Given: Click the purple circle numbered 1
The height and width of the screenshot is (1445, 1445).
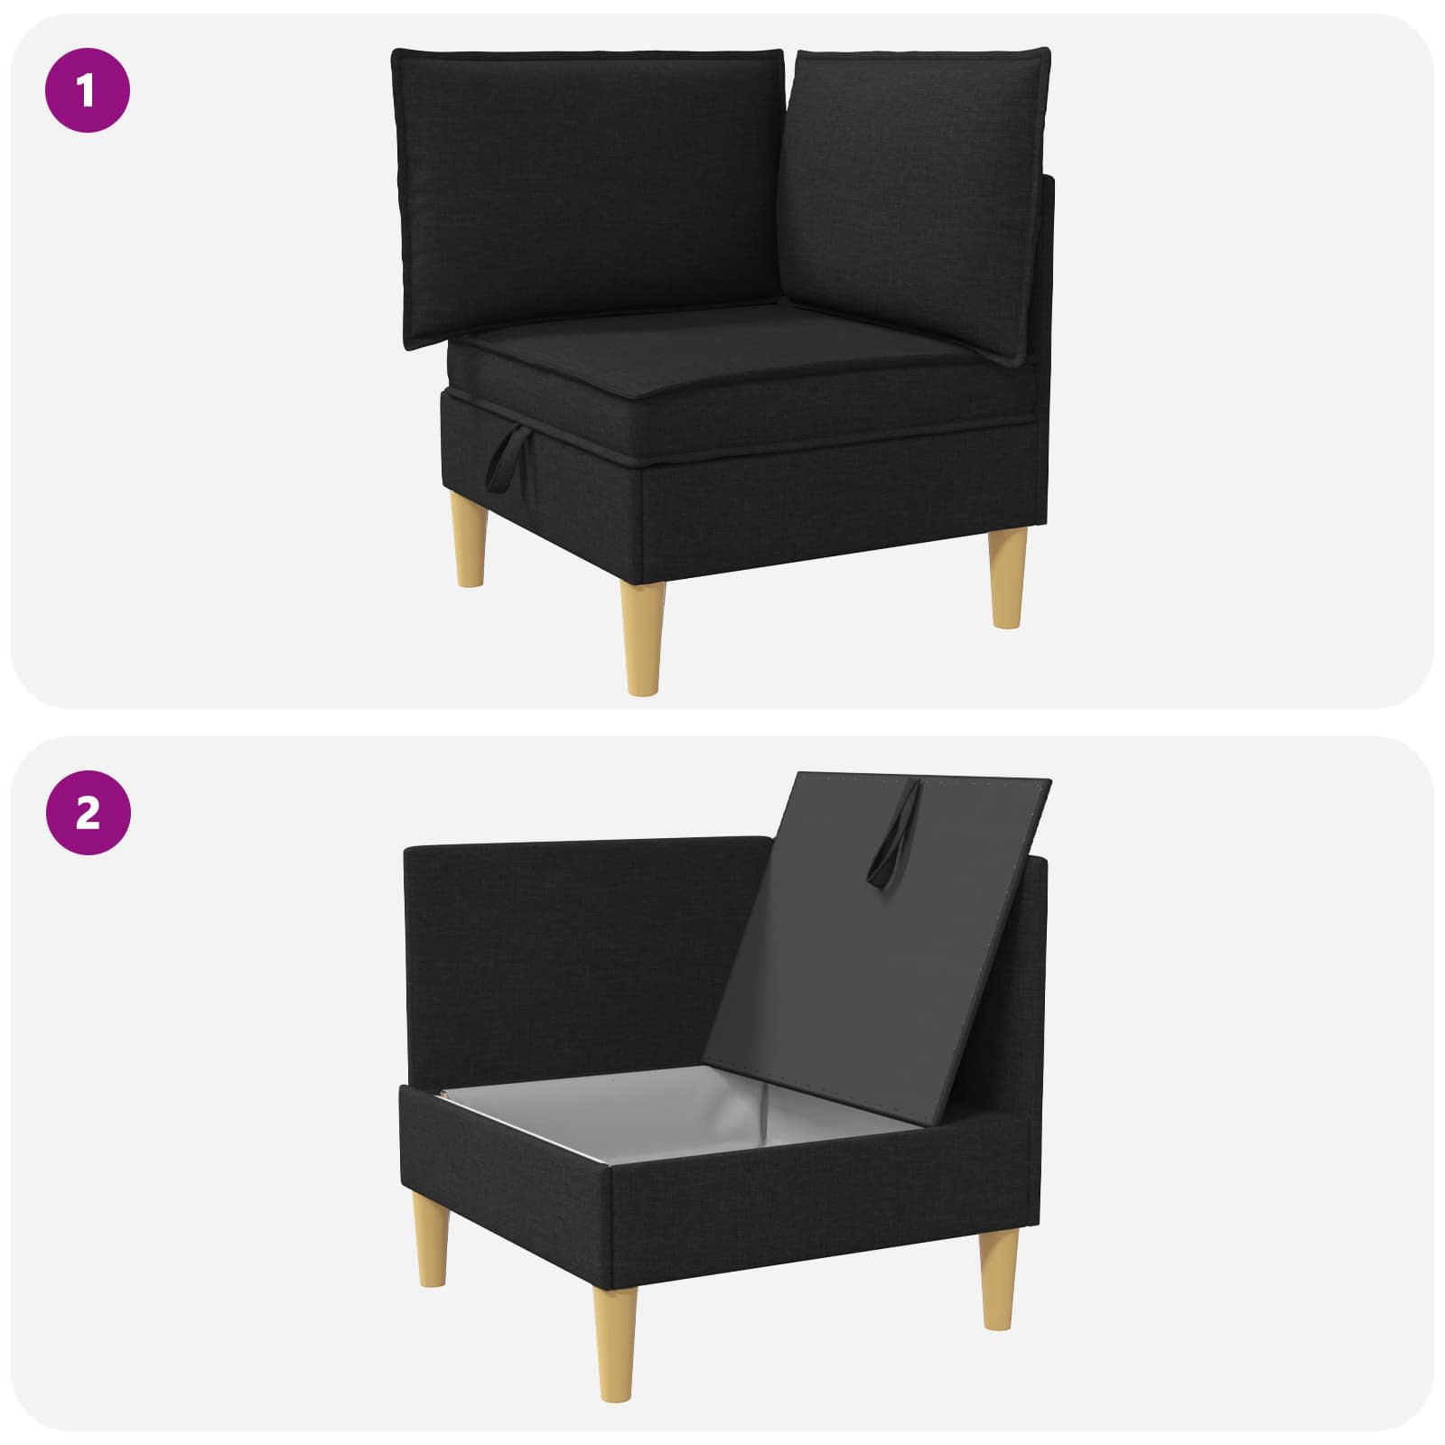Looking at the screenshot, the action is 88,91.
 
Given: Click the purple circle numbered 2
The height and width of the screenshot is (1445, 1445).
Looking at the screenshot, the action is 88,814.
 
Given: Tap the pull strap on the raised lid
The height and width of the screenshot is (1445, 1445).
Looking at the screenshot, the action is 896,834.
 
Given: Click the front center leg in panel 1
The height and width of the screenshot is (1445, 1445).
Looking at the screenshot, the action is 642,637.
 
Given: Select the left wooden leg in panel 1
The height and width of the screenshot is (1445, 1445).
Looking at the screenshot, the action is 471,546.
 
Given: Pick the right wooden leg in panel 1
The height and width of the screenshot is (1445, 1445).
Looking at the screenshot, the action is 1008,578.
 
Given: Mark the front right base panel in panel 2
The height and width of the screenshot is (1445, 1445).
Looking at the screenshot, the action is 817,1201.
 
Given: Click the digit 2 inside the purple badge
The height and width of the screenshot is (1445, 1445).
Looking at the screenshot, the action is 88,814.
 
